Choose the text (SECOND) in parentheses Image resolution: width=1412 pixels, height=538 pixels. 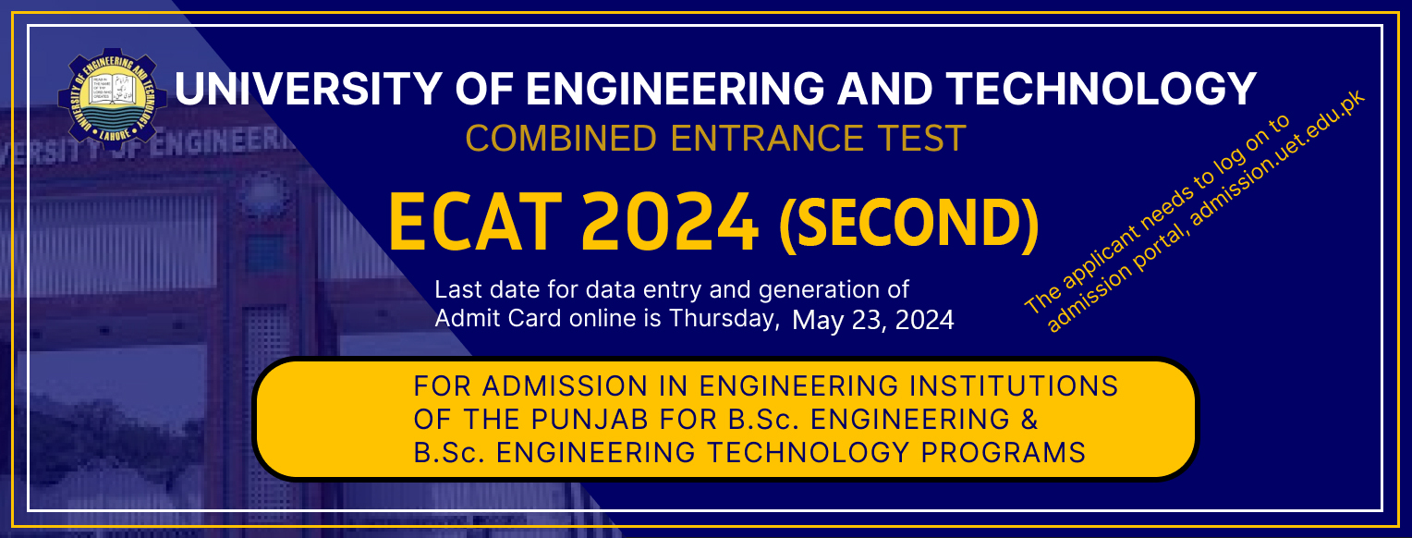pyautogui.click(x=908, y=226)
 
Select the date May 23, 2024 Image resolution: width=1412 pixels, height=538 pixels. pyautogui.click(x=872, y=321)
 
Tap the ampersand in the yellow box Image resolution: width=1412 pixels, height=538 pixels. pyautogui.click(x=1029, y=419)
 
